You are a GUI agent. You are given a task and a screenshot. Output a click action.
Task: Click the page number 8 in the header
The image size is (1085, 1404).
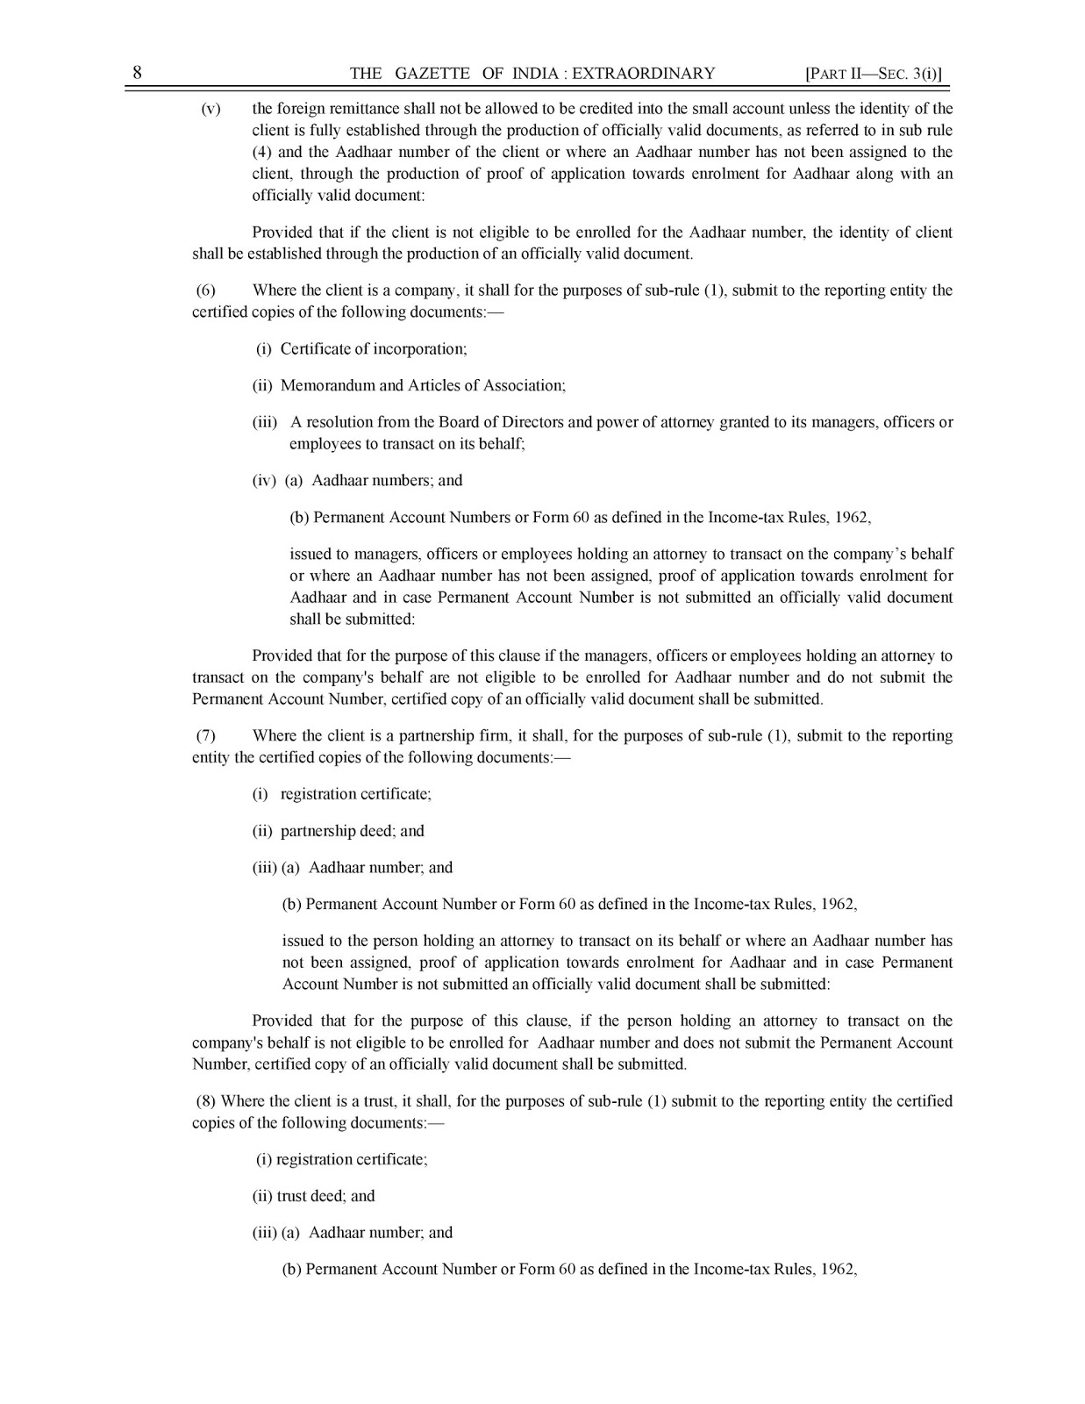coord(138,73)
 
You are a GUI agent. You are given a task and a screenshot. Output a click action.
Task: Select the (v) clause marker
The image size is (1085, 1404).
coord(211,109)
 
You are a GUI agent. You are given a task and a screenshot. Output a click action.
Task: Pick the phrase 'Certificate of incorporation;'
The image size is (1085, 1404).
coord(374,348)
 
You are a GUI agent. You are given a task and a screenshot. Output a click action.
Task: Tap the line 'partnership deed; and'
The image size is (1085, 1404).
coord(353,831)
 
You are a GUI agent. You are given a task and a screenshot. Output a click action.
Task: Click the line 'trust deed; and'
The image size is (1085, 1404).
coord(325,1195)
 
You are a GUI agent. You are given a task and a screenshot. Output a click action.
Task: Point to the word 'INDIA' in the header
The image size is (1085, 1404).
coord(533,74)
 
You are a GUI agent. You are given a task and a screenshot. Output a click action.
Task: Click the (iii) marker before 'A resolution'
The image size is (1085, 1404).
coord(265,422)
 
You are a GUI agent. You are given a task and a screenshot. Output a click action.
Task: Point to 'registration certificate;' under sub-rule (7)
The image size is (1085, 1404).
coord(356,794)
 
